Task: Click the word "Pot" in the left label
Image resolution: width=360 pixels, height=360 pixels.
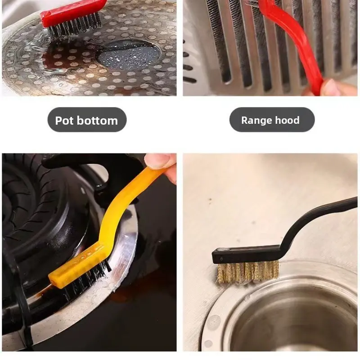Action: tap(64, 120)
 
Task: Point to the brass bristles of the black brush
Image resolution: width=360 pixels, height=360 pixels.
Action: tap(248, 273)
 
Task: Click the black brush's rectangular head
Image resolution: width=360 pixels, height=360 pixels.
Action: tap(246, 254)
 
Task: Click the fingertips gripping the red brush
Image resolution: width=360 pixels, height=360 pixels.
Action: tap(331, 88)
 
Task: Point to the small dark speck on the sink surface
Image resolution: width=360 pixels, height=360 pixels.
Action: tap(210, 200)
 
